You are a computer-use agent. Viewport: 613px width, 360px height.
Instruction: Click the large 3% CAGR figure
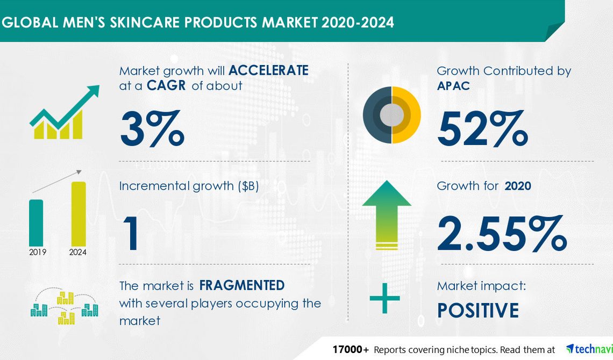click(152, 128)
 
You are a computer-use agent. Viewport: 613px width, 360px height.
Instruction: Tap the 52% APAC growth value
click(482, 128)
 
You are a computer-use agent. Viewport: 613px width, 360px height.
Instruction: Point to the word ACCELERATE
click(268, 70)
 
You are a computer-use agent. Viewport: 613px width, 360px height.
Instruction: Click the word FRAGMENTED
click(242, 285)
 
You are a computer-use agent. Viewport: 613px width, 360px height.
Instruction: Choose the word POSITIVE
click(477, 311)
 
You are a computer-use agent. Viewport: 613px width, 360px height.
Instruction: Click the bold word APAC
click(453, 85)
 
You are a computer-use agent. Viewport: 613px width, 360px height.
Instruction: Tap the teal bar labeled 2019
click(36, 223)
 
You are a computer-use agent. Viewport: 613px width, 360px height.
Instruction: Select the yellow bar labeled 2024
click(79, 214)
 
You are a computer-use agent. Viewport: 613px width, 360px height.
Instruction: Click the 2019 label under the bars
click(38, 252)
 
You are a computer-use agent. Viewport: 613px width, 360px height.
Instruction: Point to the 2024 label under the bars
click(78, 252)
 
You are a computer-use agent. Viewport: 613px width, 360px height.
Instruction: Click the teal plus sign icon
click(384, 298)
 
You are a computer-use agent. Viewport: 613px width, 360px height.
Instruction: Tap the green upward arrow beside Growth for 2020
click(387, 215)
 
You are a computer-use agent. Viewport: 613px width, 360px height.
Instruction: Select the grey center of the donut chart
click(391, 115)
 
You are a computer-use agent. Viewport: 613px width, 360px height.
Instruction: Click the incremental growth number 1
click(131, 233)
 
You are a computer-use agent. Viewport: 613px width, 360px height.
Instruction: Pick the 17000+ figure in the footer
click(351, 349)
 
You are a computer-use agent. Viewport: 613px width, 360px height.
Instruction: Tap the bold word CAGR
click(166, 85)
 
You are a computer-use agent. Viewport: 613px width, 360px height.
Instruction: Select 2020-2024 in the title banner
click(358, 22)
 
